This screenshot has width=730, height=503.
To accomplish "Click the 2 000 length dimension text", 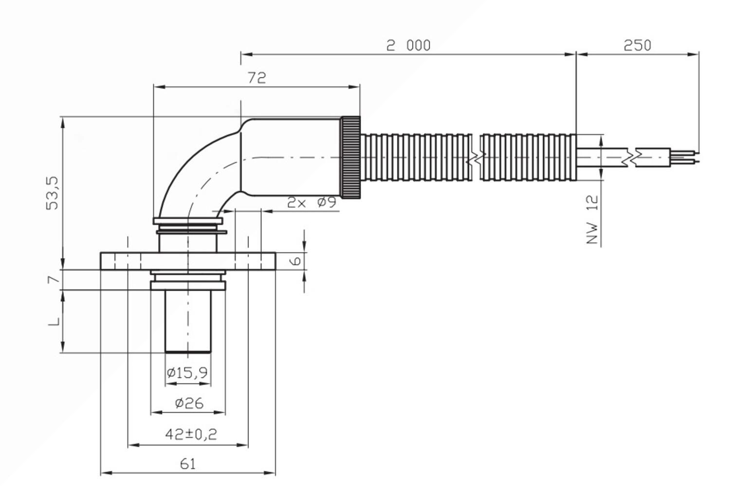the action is click(x=408, y=45).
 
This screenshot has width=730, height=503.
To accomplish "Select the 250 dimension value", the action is click(x=638, y=45).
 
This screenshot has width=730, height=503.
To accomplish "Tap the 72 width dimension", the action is click(x=257, y=77).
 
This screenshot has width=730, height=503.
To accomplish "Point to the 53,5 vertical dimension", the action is click(x=53, y=193).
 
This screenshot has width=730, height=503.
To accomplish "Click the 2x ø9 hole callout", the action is click(x=311, y=203).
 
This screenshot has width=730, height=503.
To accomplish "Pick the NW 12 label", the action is click(x=592, y=219).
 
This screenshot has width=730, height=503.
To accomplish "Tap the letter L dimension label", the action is click(x=54, y=321).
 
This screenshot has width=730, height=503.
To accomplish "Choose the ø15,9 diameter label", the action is click(x=187, y=372).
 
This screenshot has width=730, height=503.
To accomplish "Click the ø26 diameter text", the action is click(x=189, y=403).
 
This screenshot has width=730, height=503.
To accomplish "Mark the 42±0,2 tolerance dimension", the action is click(x=191, y=434).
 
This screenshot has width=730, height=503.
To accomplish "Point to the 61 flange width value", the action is click(x=188, y=464).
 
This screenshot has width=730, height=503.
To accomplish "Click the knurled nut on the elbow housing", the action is click(x=351, y=157).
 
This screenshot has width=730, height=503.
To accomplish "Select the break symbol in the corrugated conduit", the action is click(x=476, y=157).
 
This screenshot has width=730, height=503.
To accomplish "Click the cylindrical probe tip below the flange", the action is click(x=188, y=321).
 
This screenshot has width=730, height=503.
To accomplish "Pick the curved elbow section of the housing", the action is click(x=199, y=173).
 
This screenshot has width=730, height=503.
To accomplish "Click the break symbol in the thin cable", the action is click(x=632, y=158).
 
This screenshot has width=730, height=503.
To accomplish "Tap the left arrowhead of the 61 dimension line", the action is click(x=106, y=473).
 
